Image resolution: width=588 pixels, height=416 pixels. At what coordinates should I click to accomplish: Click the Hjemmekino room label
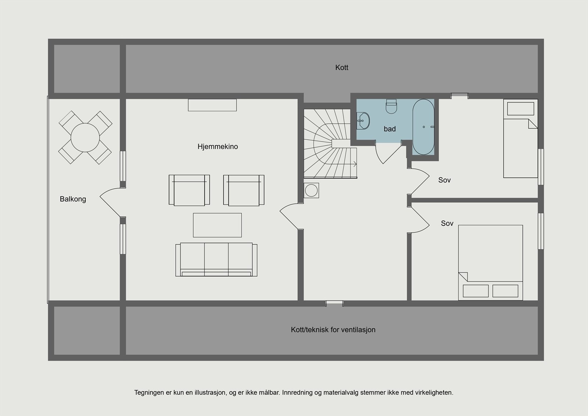tap(218, 146)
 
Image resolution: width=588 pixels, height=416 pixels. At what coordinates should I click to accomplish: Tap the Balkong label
tap(73, 199)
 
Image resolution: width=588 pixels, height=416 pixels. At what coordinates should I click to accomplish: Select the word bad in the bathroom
tap(390, 129)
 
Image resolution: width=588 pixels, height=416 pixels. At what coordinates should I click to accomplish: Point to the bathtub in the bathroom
tap(423, 127)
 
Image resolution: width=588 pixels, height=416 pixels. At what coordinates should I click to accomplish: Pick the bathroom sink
tap(363, 121)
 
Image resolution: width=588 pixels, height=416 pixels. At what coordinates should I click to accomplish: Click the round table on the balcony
tap(85, 138)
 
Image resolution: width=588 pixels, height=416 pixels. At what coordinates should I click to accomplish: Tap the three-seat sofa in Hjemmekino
tap(216, 259)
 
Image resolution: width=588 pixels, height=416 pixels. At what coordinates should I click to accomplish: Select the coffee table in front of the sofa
tap(217, 225)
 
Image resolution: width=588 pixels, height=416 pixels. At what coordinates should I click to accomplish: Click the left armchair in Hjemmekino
tap(189, 190)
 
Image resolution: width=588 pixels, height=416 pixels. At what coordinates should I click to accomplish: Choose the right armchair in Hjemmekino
tap(244, 190)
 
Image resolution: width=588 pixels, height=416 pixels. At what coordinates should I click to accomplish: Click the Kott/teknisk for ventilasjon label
tap(333, 330)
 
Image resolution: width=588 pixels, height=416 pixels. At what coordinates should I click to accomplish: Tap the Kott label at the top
tap(341, 67)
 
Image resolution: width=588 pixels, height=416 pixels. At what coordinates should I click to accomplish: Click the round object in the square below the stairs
tap(311, 190)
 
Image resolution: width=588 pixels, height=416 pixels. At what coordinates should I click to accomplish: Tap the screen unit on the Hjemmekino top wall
tap(212, 105)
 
